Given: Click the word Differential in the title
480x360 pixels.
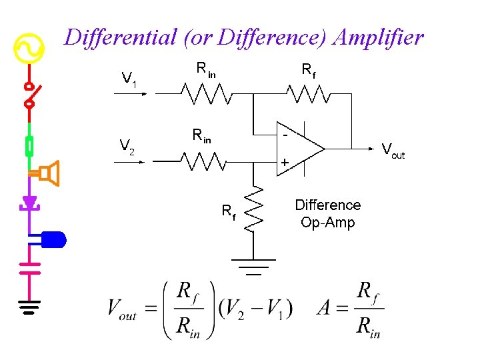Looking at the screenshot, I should tap(118, 38).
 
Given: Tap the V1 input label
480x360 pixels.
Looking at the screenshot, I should tap(129, 80).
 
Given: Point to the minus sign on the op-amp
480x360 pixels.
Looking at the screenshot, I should tap(285, 133).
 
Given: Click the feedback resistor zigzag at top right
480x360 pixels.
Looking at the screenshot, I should tap(308, 95).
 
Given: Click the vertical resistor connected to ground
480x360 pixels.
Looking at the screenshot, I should tap(253, 208).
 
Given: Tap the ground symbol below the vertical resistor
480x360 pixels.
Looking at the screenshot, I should tap(253, 266).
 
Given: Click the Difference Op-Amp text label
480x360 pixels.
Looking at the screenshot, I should tap(327, 213).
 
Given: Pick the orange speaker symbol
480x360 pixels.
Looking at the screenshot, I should tap(49, 173).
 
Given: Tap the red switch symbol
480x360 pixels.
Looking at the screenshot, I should tap(29, 95).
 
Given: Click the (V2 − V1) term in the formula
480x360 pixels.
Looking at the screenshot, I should tap(255, 309).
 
